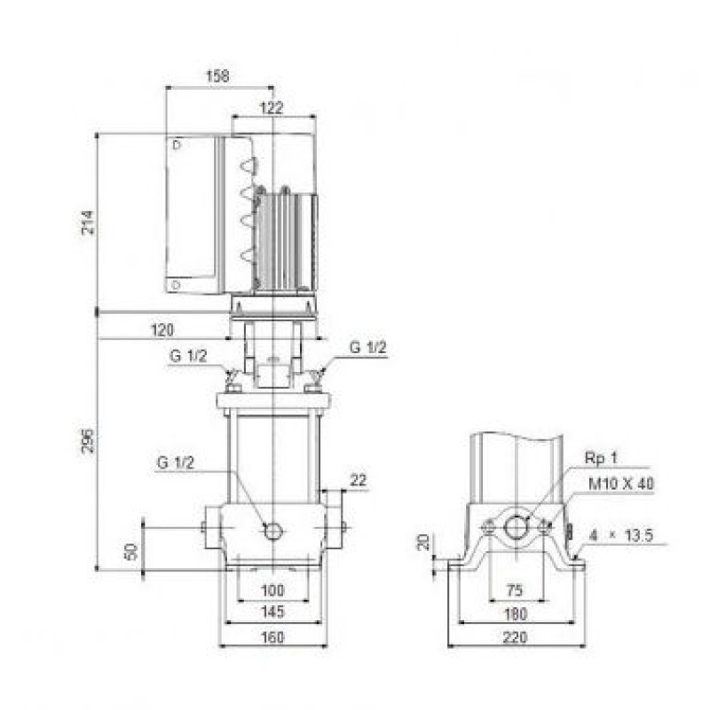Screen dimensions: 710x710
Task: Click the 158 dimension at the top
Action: tap(217, 75)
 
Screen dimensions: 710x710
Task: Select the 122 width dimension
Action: tap(272, 107)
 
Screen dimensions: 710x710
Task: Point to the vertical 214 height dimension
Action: tap(88, 222)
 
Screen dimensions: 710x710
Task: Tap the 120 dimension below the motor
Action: tap(162, 329)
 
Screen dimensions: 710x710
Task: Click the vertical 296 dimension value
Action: tap(88, 440)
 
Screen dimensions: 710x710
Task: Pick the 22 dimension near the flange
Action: tap(359, 480)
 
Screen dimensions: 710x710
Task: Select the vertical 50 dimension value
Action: tap(131, 551)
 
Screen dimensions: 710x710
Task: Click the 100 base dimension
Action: tap(272, 590)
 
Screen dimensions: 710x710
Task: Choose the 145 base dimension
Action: tap(272, 611)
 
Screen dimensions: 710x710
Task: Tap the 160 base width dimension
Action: tap(272, 637)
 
